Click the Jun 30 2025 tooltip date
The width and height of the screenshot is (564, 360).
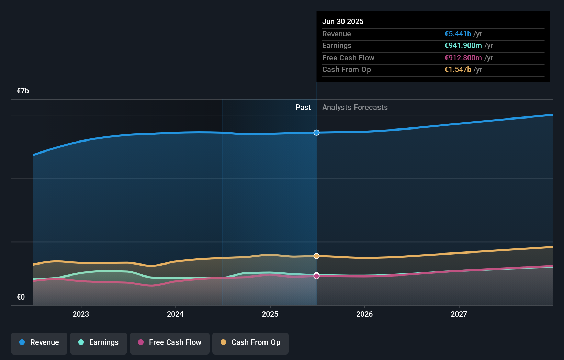342,21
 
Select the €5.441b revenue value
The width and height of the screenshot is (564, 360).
458,34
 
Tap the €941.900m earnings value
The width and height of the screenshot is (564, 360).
463,45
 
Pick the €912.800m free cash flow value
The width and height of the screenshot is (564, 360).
463,58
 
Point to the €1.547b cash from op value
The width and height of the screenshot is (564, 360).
458,69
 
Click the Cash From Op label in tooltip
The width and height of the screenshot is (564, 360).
346,69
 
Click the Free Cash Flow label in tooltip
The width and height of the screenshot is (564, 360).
348,58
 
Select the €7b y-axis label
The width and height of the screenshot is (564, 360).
23,91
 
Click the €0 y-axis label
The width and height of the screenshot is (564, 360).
21,297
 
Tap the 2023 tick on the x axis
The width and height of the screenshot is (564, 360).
81,314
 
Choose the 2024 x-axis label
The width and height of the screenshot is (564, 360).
175,314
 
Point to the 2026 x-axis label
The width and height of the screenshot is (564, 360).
364,314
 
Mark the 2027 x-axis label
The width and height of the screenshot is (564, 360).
459,314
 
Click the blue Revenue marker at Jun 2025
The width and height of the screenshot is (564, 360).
316,133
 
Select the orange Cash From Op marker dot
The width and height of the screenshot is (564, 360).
316,256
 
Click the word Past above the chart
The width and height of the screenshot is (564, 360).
303,107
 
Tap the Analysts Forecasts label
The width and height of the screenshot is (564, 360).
355,107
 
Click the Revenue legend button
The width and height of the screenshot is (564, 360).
39,342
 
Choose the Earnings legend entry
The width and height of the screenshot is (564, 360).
99,342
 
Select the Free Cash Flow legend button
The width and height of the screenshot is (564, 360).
170,342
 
